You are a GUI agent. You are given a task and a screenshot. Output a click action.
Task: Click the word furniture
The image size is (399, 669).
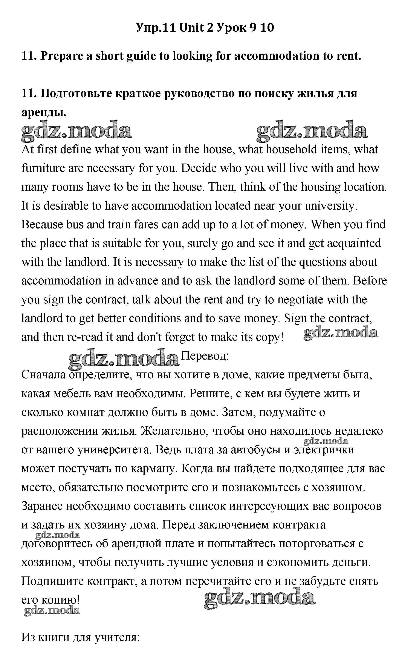point(43,168)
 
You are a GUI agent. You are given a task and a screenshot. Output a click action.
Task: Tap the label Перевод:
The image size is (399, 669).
point(205,356)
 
